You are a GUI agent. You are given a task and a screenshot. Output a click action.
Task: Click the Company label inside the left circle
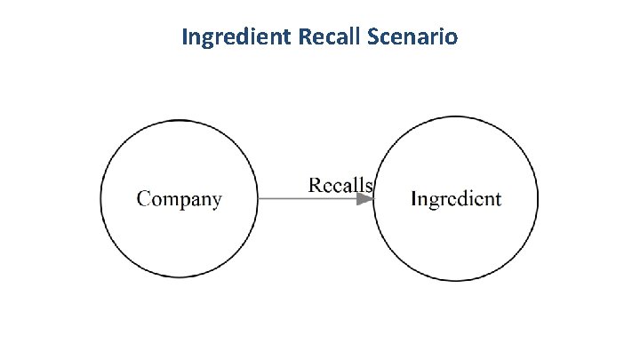[x=179, y=199]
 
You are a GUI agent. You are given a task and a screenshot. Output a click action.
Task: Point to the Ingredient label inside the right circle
[x=456, y=199]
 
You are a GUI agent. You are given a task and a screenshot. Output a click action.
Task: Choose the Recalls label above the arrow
[x=340, y=185]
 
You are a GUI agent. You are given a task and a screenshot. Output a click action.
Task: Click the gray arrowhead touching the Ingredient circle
[x=365, y=199]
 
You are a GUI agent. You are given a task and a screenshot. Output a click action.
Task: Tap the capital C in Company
[x=142, y=198]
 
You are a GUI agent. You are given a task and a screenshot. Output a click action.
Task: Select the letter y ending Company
[x=216, y=201]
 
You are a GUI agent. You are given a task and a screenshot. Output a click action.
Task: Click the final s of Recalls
[x=368, y=186]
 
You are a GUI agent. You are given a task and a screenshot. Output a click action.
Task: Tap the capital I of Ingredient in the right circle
[x=414, y=198]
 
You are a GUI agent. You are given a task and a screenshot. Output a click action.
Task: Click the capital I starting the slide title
[x=184, y=38]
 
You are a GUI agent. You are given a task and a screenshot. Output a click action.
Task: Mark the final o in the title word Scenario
[x=452, y=39]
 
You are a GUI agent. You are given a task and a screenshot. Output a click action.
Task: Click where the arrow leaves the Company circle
[x=259, y=199]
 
